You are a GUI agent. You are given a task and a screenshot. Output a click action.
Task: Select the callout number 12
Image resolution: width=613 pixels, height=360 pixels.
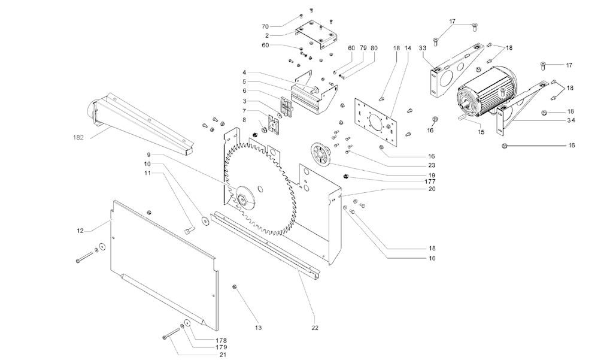tap(80, 230)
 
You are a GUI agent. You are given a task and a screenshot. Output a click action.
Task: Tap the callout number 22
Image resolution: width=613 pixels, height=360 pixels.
tap(315, 328)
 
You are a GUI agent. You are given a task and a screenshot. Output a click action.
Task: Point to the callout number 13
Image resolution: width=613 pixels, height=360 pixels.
tap(258, 328)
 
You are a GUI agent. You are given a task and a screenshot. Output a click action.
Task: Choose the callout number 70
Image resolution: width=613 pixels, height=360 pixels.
tap(265, 27)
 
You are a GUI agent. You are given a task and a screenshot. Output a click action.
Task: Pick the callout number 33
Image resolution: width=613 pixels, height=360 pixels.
tap(423, 47)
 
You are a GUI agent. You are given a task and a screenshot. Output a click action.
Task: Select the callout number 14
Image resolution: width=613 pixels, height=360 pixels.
tap(408, 47)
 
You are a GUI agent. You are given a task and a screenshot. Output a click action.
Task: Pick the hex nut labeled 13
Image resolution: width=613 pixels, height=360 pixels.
tap(235, 288)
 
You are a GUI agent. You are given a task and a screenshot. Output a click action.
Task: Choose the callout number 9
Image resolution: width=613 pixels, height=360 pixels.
tap(148, 155)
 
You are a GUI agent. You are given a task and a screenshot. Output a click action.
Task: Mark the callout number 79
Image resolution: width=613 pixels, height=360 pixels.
tap(363, 47)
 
